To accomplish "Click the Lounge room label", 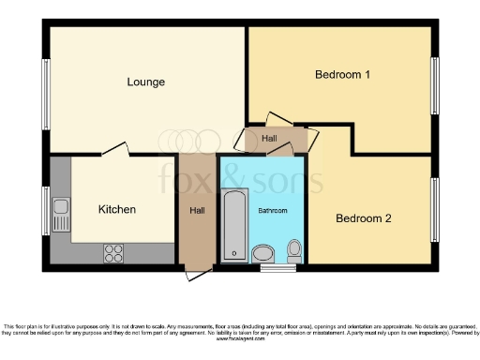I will coord(146,82).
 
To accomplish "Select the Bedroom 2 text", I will coord(363,218).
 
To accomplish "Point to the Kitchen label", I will coord(117,209).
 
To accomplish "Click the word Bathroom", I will coord(273,211).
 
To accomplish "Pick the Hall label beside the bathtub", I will coord(197,210).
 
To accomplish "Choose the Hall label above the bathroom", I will coord(270,139).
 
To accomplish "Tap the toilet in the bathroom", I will coord(294,250).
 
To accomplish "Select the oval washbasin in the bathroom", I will coord(263,253).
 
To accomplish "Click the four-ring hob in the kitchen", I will coord(114,251).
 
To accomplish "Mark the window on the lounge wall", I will coord(44,94).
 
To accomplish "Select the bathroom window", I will coord(274,269).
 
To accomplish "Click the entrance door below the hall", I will coord(198,273).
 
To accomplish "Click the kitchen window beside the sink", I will coord(44,211).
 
